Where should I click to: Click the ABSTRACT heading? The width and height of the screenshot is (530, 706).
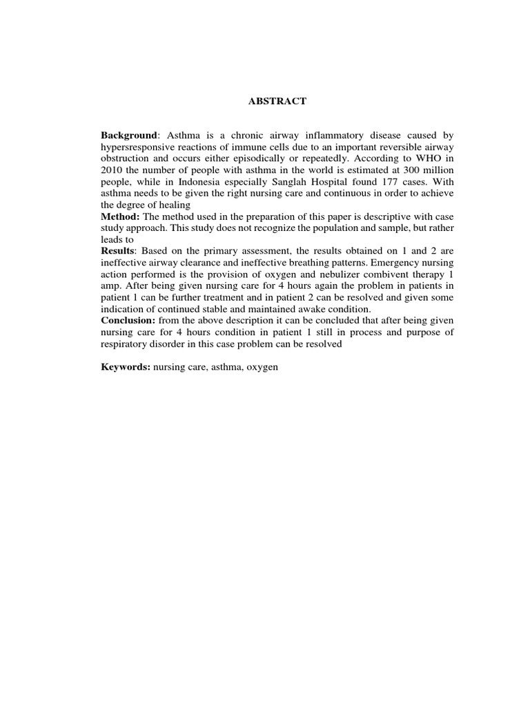277,101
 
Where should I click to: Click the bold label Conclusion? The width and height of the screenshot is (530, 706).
128,321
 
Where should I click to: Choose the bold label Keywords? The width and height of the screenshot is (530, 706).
126,368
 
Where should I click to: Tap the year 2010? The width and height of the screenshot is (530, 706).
112,170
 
